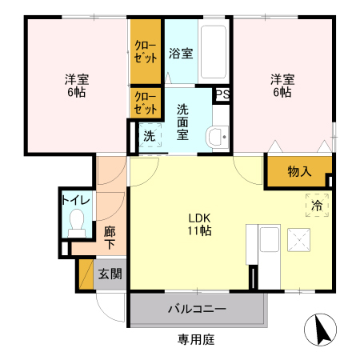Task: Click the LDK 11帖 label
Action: [x=199, y=224]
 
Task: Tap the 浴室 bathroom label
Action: [x=180, y=54]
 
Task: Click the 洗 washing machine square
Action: [x=150, y=136]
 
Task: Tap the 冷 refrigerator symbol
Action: [x=316, y=205]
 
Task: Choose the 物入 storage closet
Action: [x=298, y=171]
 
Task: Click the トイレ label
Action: [x=76, y=198]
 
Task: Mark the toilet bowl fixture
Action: [x=78, y=222]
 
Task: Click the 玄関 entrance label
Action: [x=110, y=274]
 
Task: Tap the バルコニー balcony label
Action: [x=196, y=309]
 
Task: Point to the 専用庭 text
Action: [x=196, y=339]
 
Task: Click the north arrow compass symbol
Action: [x=321, y=330]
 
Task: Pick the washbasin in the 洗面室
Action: [x=216, y=135]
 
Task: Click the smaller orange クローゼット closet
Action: [x=146, y=103]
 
